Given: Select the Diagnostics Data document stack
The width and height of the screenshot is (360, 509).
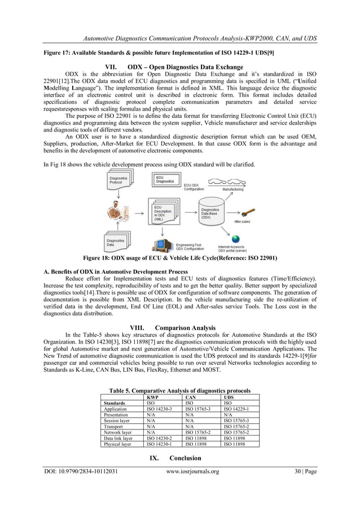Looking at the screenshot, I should [117, 242].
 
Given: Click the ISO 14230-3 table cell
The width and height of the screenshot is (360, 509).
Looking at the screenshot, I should [158, 409].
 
